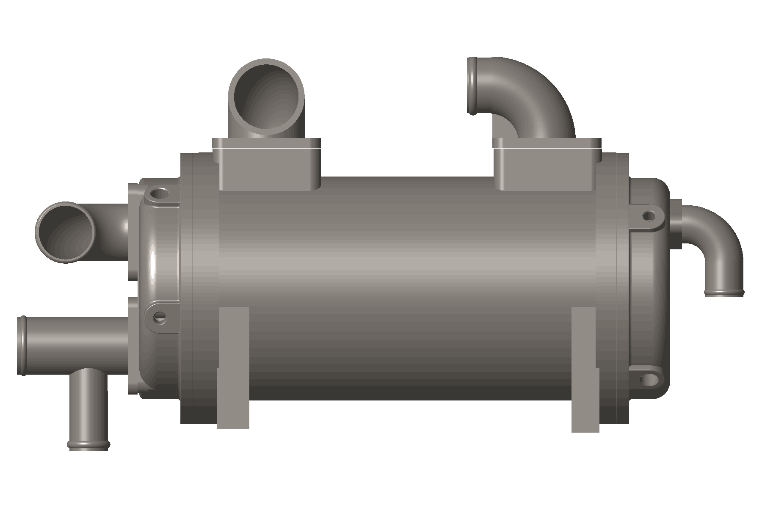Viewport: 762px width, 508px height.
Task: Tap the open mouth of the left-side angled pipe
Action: [x=65, y=232]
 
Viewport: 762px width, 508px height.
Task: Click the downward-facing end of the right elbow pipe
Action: [x=724, y=292]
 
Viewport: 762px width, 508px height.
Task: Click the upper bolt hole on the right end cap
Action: [x=648, y=216]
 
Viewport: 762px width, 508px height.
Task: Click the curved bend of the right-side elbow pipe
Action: [x=720, y=237]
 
